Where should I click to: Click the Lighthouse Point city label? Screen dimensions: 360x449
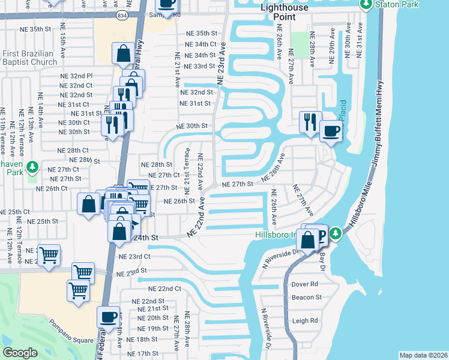tap(286, 11)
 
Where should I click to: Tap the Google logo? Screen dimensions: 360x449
tap(20, 353)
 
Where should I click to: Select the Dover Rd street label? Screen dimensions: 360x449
tap(304, 284)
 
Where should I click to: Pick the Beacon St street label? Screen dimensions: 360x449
tap(306, 297)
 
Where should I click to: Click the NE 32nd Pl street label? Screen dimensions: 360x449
tap(77, 76)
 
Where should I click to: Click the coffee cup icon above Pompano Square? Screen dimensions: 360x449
tap(109, 316)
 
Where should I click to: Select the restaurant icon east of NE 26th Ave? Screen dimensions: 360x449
tap(310, 122)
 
